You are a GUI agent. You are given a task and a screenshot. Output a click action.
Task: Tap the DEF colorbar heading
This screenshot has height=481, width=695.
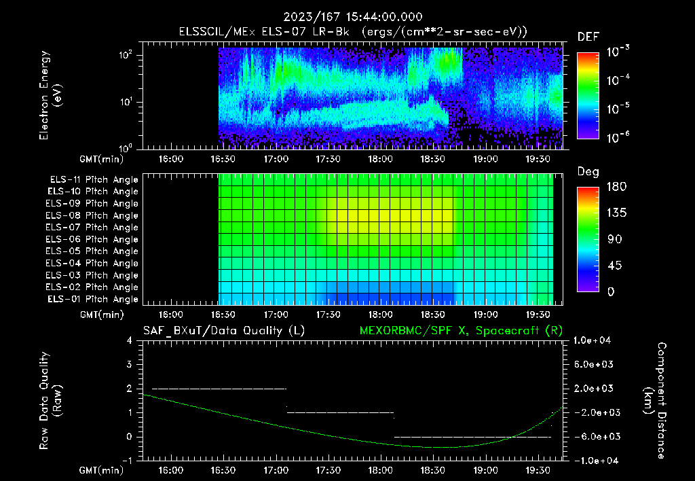(588, 37)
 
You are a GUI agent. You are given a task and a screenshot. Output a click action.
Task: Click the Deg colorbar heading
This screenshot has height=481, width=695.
(588, 172)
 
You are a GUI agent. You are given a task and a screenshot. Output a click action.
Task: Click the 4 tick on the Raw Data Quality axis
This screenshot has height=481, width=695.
(129, 340)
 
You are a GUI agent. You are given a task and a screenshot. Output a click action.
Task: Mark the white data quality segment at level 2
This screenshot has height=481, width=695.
(219, 389)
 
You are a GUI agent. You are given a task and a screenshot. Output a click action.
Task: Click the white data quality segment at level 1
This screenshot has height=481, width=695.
(340, 412)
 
